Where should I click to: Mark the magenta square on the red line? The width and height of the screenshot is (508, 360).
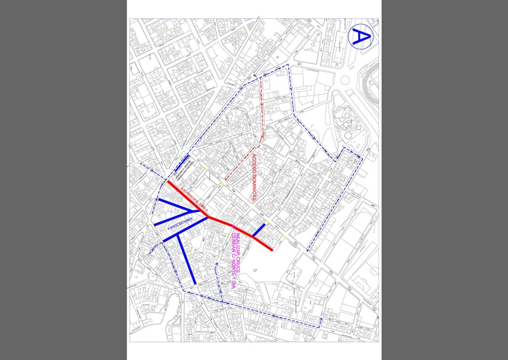coord(234,227)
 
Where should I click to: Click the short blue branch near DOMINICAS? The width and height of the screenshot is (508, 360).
coord(258,230)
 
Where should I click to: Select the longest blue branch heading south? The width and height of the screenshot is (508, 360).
coord(186,258)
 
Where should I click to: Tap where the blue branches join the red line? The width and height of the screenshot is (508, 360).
coord(208,217)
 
